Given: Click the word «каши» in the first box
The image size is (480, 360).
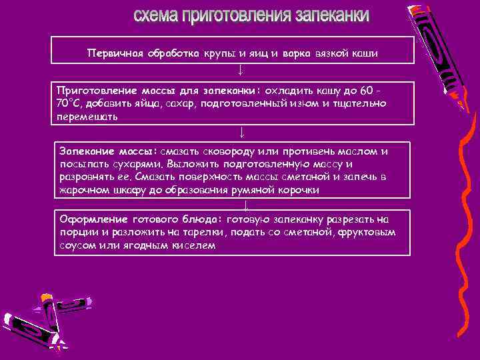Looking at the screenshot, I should [x=364, y=53].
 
